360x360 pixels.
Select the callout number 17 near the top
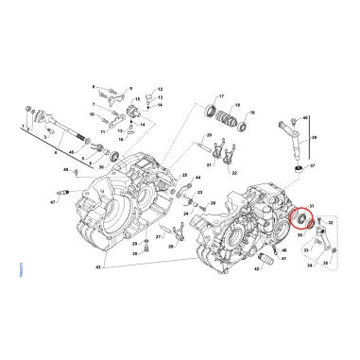(221, 97)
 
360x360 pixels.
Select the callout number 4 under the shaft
(56, 151)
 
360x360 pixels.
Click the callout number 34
(309, 266)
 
